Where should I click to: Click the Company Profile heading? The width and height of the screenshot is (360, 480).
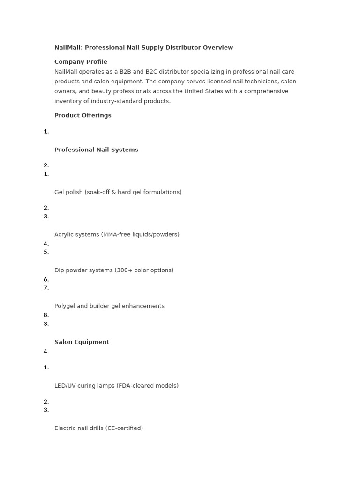[x=81, y=62]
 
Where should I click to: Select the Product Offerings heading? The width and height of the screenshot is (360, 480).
[x=83, y=115]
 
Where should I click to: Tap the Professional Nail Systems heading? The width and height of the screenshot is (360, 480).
[x=96, y=150]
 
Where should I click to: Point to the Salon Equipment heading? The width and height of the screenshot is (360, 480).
[x=82, y=342]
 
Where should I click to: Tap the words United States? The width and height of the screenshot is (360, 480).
[x=203, y=91]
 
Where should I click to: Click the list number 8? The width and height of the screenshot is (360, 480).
[x=46, y=315]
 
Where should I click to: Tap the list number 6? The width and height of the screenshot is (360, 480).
[x=46, y=279]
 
